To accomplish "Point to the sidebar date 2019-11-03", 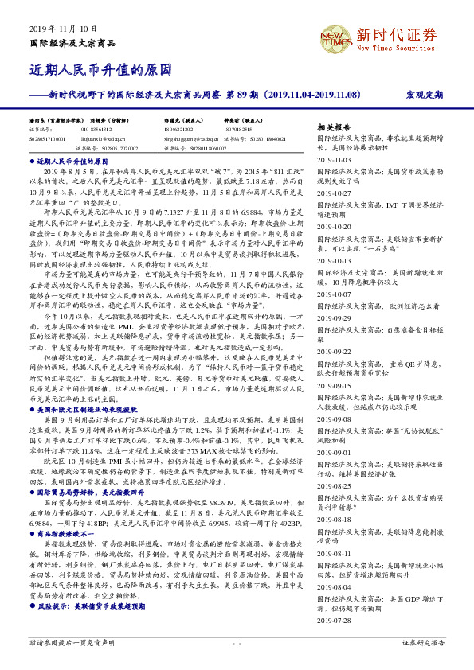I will tap(334, 160).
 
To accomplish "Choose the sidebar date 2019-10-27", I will tap(334, 193).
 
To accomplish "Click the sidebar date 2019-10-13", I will tap(334, 260).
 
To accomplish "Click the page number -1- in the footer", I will tap(236, 642).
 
